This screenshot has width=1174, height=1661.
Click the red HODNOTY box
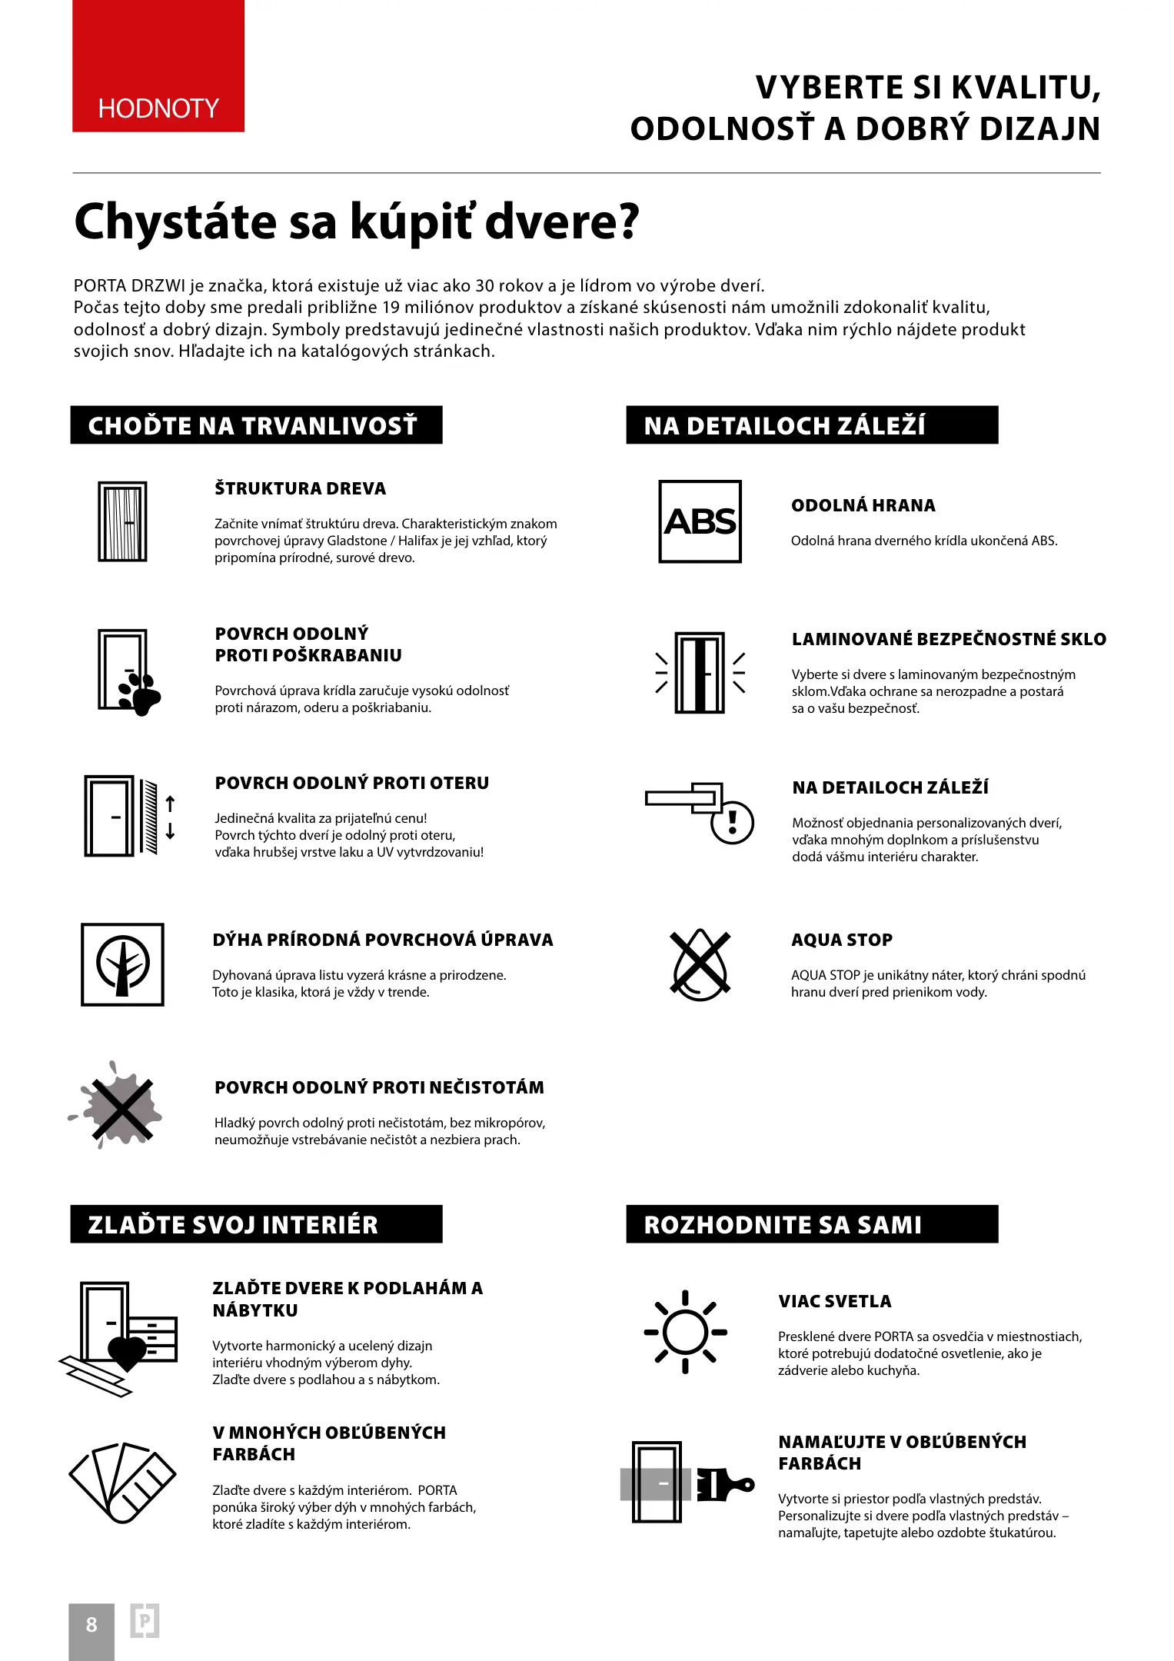[x=158, y=66]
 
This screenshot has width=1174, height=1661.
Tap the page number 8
[x=91, y=1624]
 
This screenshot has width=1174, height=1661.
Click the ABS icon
[x=700, y=521]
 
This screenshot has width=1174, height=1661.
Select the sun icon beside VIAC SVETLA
[x=685, y=1332]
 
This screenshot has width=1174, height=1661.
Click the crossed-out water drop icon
[x=700, y=964]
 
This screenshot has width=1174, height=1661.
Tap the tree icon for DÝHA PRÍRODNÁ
[x=122, y=964]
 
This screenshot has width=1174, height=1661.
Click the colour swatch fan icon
[x=122, y=1482]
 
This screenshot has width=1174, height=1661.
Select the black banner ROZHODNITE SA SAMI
[x=812, y=1224]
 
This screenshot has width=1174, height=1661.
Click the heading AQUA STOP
[x=842, y=940]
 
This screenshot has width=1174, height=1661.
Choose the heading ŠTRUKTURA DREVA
[x=300, y=488]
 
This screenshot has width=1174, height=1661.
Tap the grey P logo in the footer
[x=145, y=1621]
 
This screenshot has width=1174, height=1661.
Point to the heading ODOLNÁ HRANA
[x=863, y=505]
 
